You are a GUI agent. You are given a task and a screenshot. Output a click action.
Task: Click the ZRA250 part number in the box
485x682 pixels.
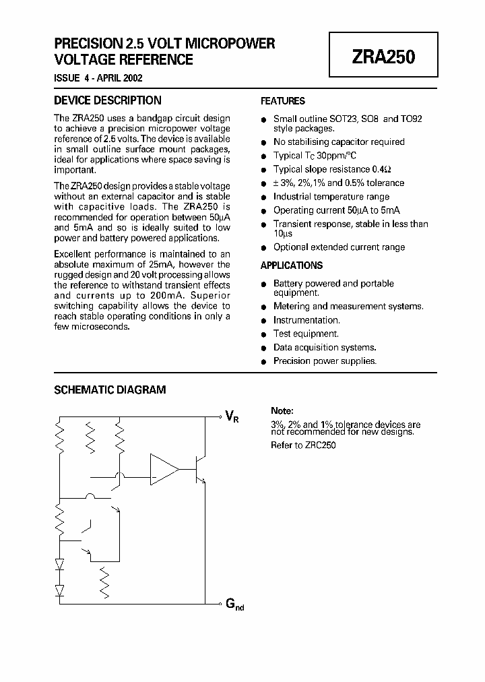(x=383, y=57)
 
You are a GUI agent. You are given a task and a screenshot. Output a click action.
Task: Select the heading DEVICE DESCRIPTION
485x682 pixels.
(x=107, y=100)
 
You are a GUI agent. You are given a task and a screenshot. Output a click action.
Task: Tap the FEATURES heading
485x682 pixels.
(x=283, y=101)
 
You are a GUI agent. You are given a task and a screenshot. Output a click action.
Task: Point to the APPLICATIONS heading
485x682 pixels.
(x=292, y=266)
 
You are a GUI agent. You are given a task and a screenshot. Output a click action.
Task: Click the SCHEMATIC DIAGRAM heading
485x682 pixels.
(x=109, y=390)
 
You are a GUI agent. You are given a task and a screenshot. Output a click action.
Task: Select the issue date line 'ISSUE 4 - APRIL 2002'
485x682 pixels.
(x=98, y=78)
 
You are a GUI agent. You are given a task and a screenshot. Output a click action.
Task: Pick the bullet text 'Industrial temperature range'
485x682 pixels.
(x=331, y=197)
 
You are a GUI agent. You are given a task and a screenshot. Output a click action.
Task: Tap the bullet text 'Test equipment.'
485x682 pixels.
(x=306, y=334)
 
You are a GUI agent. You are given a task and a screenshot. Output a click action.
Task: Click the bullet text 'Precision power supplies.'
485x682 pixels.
(x=325, y=361)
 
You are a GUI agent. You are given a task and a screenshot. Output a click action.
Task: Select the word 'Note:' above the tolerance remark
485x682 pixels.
(x=282, y=410)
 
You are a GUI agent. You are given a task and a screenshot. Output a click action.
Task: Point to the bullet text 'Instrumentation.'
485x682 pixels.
(x=306, y=320)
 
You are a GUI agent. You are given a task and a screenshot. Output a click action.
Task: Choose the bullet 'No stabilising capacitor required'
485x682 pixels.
(x=339, y=142)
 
